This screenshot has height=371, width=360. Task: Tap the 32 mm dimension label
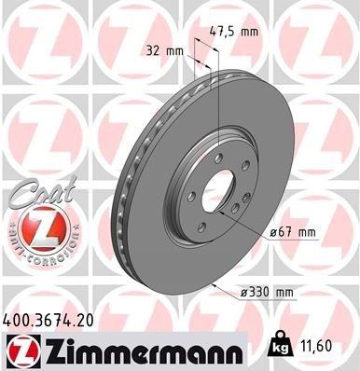(163, 52)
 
